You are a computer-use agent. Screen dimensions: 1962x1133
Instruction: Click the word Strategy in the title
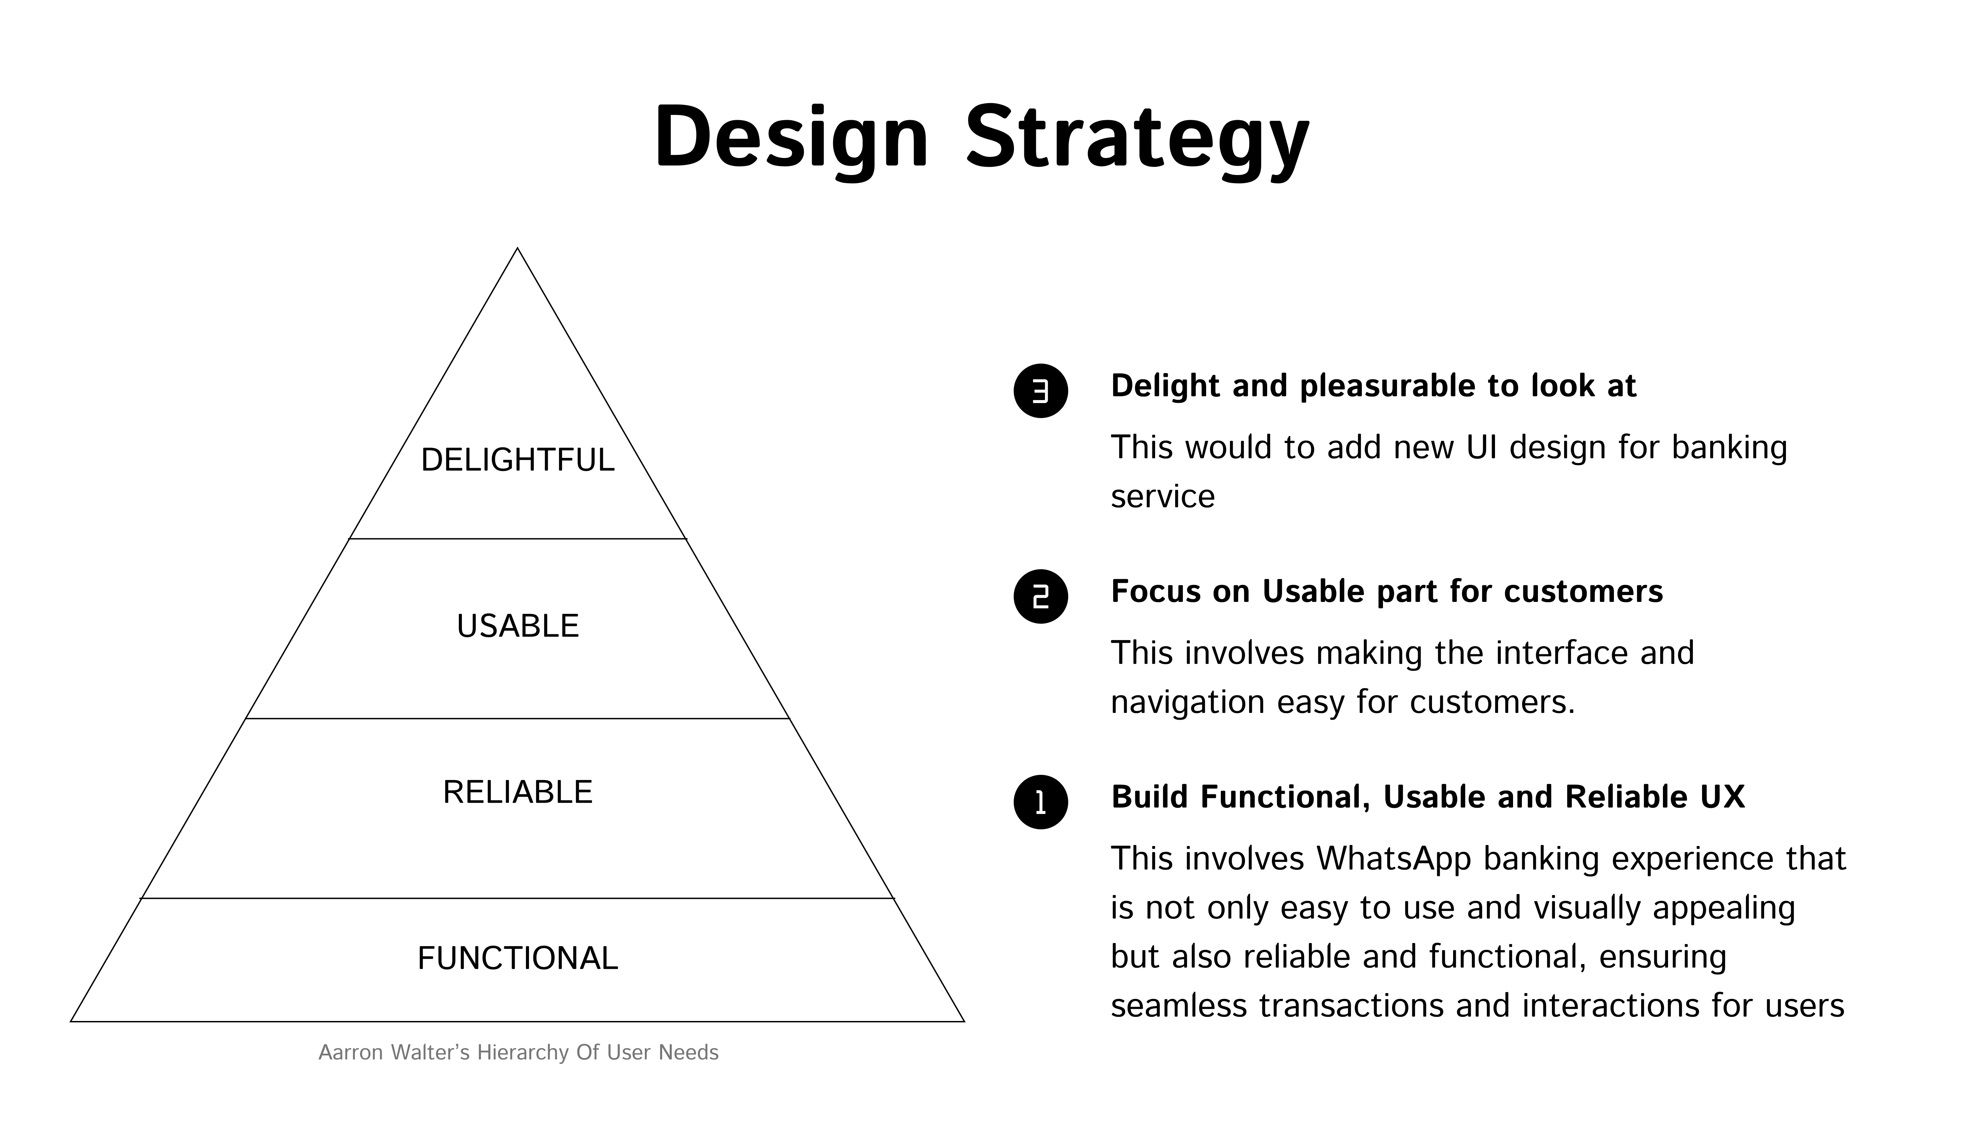[1137, 140]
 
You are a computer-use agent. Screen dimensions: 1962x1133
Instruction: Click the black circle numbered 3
[1040, 390]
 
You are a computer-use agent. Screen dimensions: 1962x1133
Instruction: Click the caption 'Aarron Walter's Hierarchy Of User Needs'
[518, 1053]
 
